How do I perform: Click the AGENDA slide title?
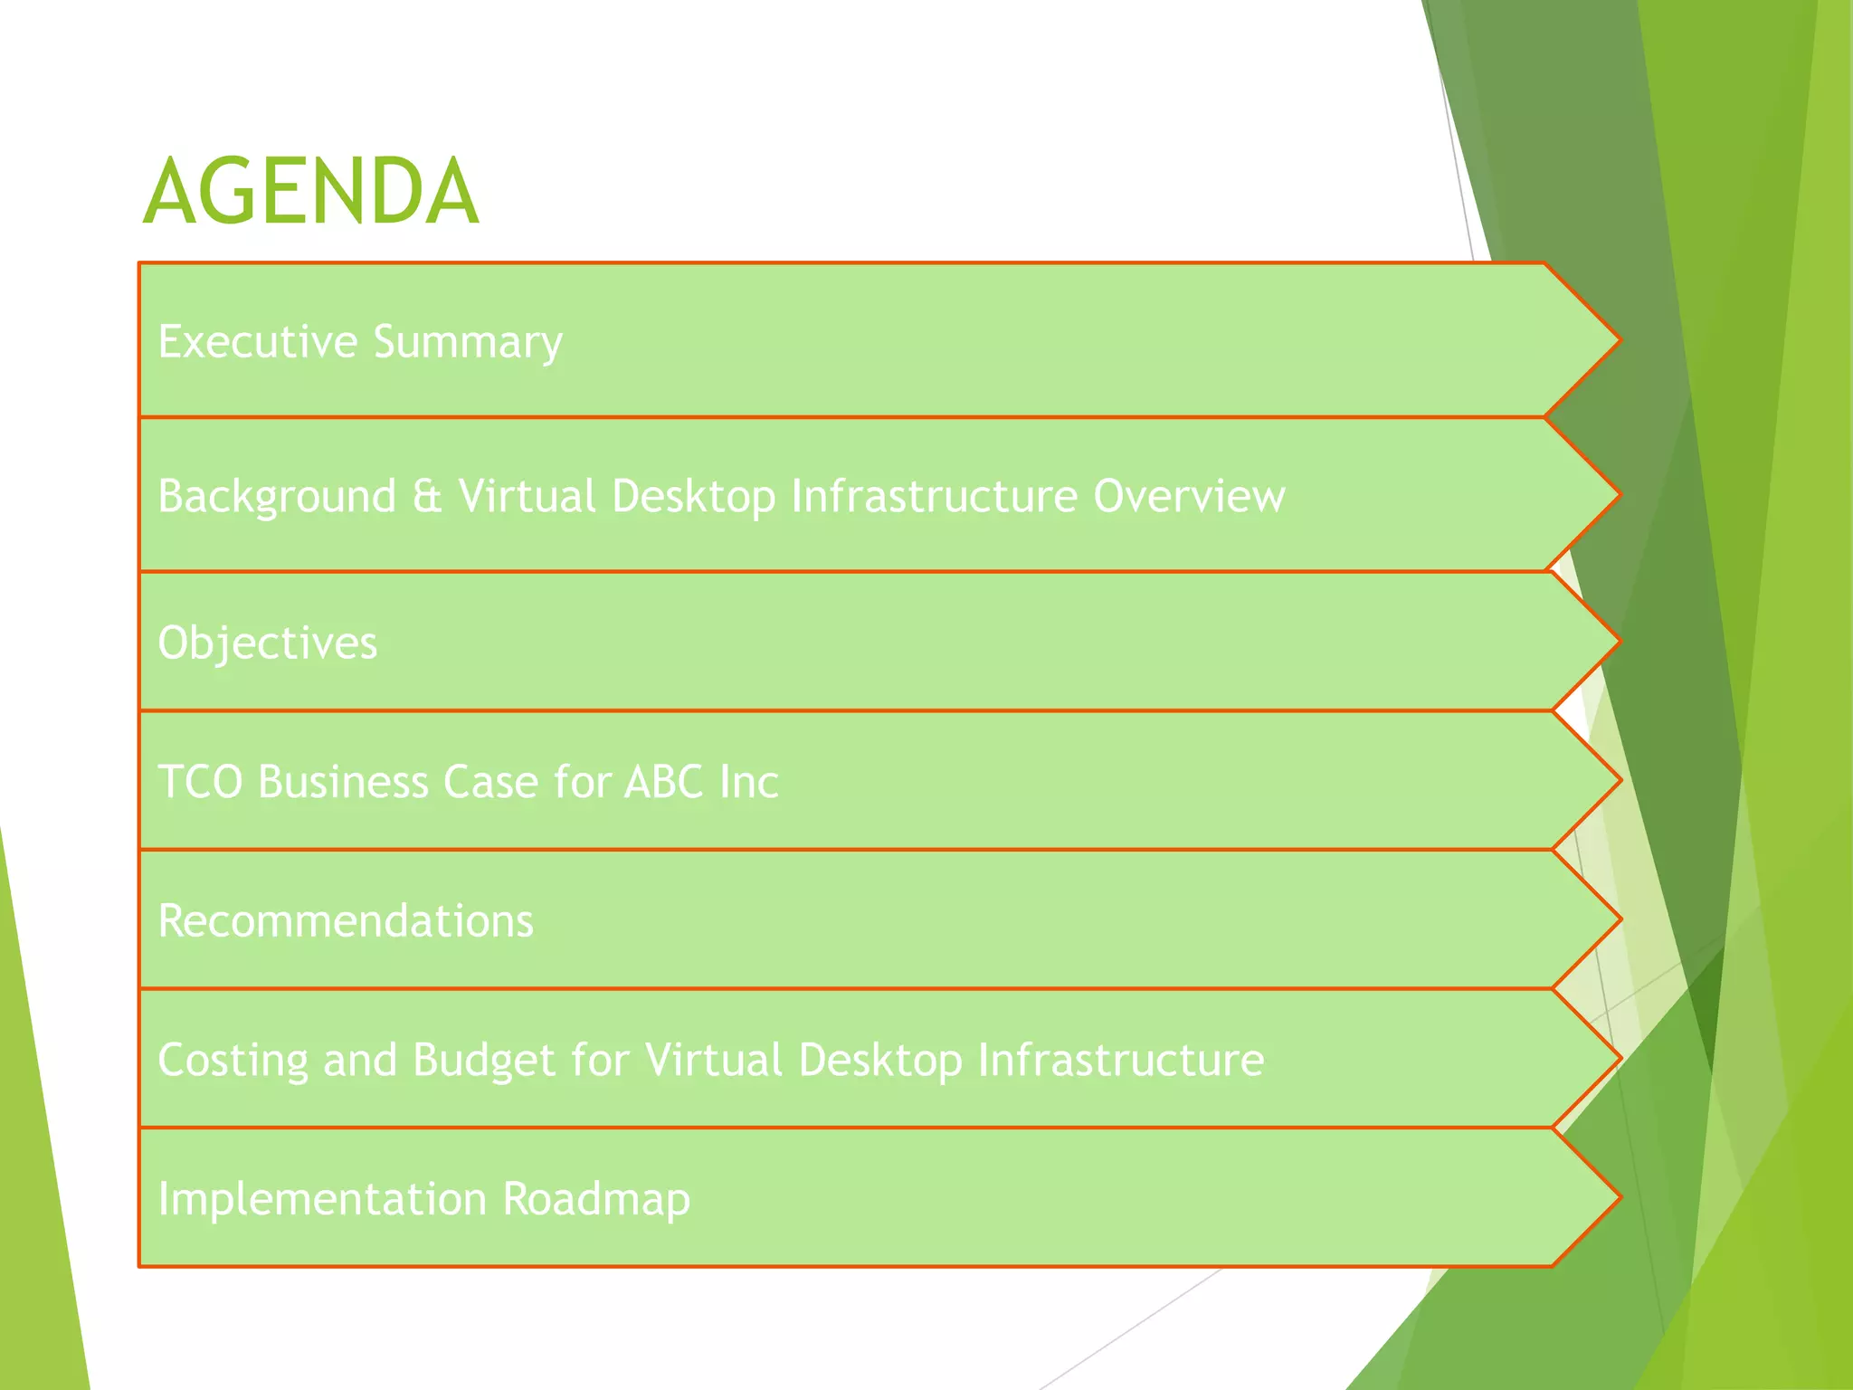tap(310, 192)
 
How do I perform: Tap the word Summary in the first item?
tap(468, 343)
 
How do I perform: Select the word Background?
tap(277, 497)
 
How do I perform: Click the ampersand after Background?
tap(427, 497)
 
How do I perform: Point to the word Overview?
tap(1189, 496)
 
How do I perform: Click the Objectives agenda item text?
tap(267, 643)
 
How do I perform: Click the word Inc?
tap(748, 782)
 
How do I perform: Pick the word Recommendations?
tap(346, 921)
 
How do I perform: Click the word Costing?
tap(233, 1061)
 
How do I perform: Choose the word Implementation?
tap(322, 1199)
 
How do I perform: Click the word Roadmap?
tap(596, 1199)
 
